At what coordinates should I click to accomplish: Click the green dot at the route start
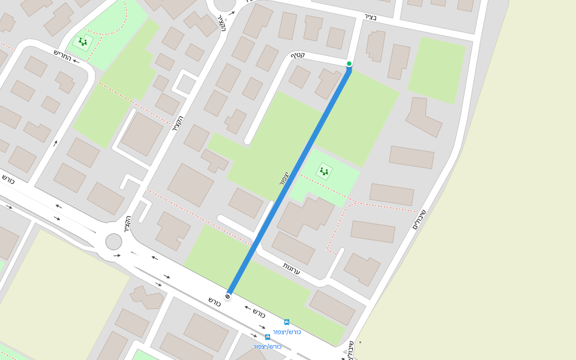pyautogui.click(x=349, y=64)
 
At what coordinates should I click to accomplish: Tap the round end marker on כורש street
pyautogui.click(x=227, y=296)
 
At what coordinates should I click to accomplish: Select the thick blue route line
pyautogui.click(x=288, y=180)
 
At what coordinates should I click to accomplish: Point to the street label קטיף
pyautogui.click(x=298, y=56)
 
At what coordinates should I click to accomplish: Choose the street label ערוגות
pyautogui.click(x=292, y=268)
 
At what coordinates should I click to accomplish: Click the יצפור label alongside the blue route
pyautogui.click(x=283, y=178)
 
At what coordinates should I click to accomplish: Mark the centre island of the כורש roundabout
pyautogui.click(x=113, y=242)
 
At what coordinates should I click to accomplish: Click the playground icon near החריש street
pyautogui.click(x=83, y=41)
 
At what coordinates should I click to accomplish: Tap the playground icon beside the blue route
pyautogui.click(x=324, y=171)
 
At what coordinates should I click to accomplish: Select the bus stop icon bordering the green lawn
pyautogui.click(x=287, y=322)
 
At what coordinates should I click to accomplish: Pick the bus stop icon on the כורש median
pyautogui.click(x=268, y=337)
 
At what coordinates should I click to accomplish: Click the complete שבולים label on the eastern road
pyautogui.click(x=419, y=220)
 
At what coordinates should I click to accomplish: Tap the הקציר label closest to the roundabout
pyautogui.click(x=127, y=224)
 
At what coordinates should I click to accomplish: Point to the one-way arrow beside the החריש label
pyautogui.click(x=56, y=143)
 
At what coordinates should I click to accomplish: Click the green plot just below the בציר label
pyautogui.click(x=436, y=70)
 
